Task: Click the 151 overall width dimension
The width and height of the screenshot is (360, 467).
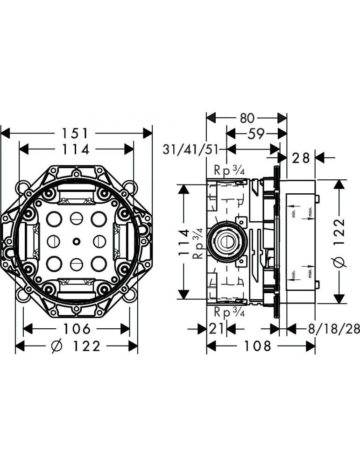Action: (76, 133)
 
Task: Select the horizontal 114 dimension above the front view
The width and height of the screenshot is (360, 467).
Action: (76, 149)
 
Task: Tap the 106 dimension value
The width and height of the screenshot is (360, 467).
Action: (77, 329)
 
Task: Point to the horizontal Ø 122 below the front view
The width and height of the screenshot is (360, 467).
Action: (77, 346)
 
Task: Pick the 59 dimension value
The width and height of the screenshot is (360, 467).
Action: (255, 134)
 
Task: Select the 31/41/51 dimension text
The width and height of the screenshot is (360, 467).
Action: (191, 150)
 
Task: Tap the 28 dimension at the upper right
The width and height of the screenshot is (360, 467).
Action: (301, 158)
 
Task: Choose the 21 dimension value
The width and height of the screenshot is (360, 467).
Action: (217, 329)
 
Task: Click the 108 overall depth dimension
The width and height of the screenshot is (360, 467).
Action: (257, 346)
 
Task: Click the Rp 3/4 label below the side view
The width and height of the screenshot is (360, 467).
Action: (229, 312)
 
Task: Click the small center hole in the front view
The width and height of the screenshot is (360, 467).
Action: (76, 241)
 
